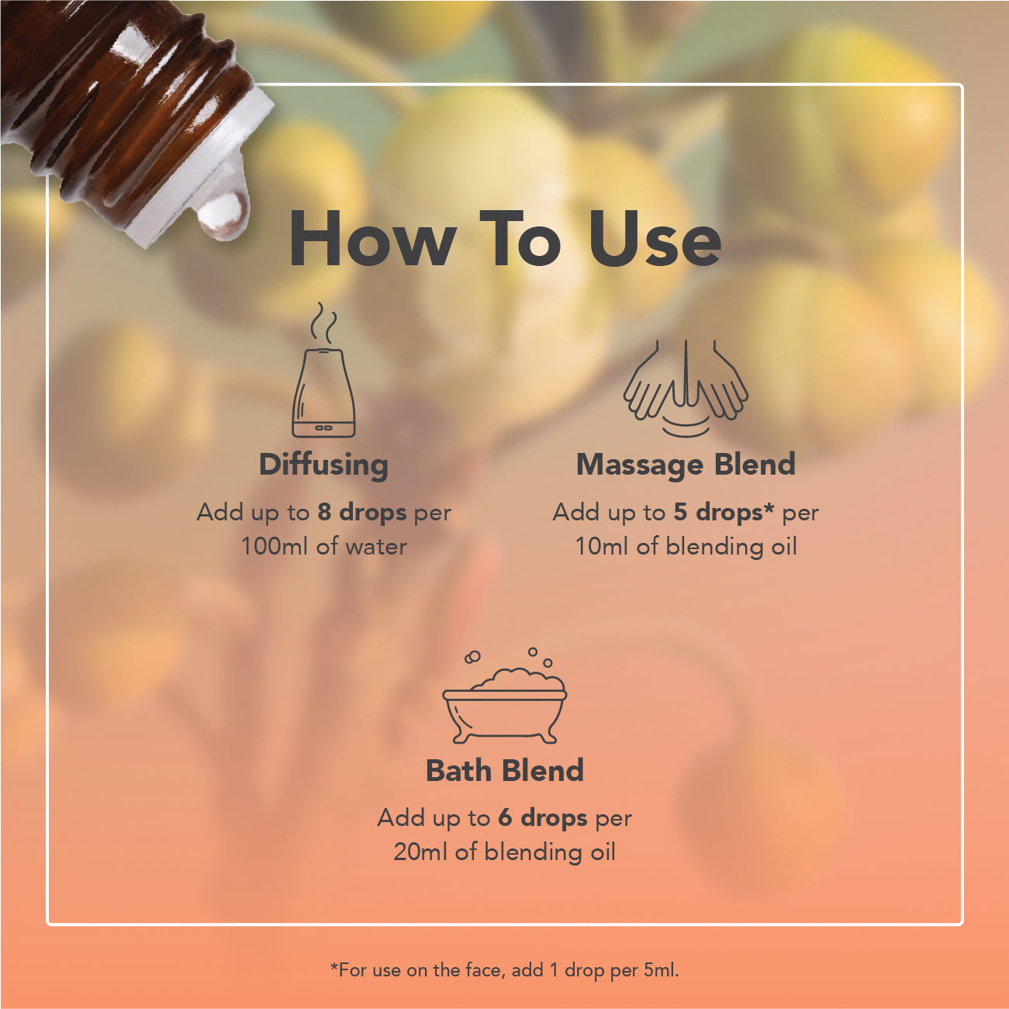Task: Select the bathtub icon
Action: point(505,696)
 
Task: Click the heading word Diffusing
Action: point(323,465)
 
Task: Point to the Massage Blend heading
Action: point(686,465)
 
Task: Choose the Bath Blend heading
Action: point(505,770)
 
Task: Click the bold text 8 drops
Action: point(362,513)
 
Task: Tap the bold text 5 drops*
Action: point(724,513)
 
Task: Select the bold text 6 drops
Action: point(542,818)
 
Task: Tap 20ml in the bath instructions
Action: point(420,852)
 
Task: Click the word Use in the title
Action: point(655,240)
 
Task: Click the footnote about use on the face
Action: point(504,970)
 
